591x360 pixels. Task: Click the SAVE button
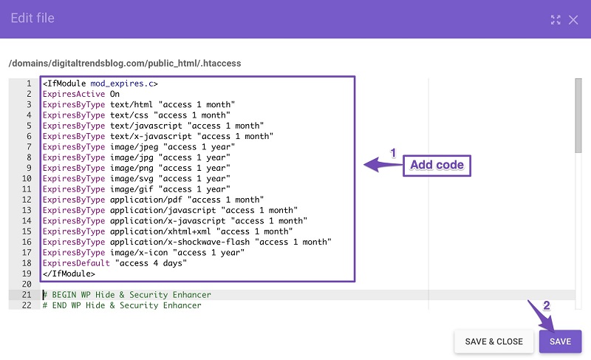[x=560, y=342]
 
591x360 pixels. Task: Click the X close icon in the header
[x=573, y=20]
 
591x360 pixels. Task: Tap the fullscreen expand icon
[x=556, y=20]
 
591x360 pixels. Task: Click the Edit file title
[x=33, y=18]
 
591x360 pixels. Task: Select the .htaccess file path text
[x=125, y=64]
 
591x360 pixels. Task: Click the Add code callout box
[x=437, y=165]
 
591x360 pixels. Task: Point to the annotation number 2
[x=546, y=305]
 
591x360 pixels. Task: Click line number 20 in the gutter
[x=27, y=284]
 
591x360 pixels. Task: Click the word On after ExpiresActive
[x=115, y=94]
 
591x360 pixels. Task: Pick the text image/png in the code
[x=131, y=168]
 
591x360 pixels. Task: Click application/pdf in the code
[x=146, y=200]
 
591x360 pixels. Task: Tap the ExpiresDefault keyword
[x=76, y=263]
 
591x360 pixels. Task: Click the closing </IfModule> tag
[x=69, y=274]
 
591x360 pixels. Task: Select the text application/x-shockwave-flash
[x=180, y=242]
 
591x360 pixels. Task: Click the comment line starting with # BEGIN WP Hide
[x=126, y=295]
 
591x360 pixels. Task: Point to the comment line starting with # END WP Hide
[x=122, y=305]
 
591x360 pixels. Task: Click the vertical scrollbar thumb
[x=578, y=116]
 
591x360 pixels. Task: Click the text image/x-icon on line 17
[x=139, y=253]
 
